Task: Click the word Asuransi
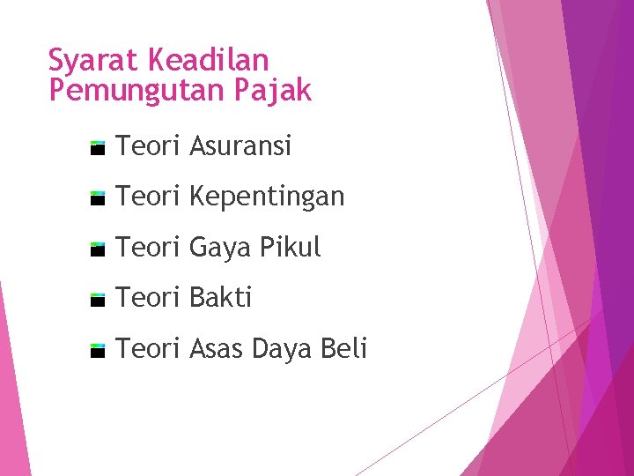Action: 240,145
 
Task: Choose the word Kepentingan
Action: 267,197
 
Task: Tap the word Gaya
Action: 220,249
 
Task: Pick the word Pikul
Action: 290,248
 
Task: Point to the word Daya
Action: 282,350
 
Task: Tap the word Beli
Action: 343,349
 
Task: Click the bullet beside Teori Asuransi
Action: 98,147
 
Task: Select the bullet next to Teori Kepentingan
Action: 98,198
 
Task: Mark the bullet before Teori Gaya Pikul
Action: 98,249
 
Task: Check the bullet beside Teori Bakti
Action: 98,300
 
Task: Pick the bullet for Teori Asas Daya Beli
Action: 98,351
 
